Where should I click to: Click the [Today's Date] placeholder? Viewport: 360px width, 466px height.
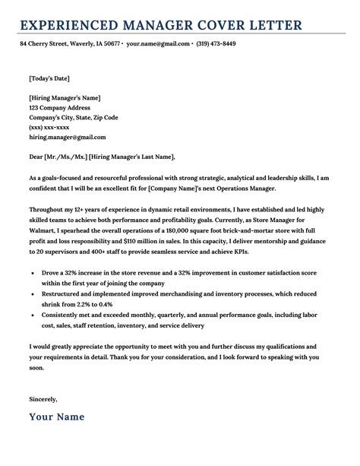coord(51,78)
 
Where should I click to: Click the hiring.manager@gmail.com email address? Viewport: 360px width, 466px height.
coord(67,138)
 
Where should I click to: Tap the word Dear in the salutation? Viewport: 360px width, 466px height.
coord(37,157)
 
